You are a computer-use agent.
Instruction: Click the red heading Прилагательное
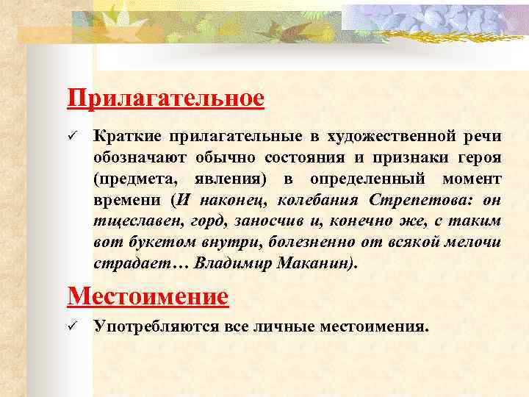point(165,99)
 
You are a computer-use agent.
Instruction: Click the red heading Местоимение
point(147,296)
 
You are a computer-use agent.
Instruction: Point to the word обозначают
point(140,158)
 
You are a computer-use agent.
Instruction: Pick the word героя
point(478,158)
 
